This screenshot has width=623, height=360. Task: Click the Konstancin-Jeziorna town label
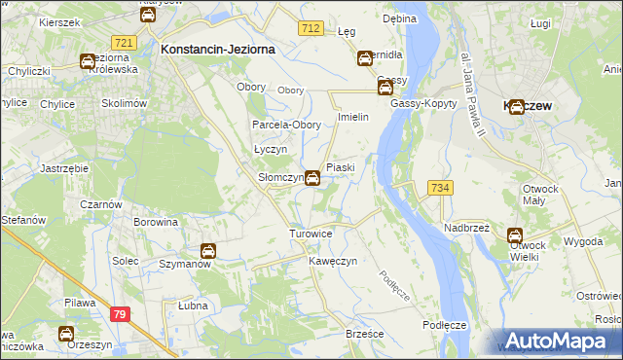point(218,48)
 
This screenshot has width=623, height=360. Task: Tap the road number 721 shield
point(124,43)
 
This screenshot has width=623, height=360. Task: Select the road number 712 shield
point(311,29)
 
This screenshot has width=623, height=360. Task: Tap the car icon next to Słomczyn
point(311,178)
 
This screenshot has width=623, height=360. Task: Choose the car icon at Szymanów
point(207,251)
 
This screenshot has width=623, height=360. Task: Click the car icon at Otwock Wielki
point(514,234)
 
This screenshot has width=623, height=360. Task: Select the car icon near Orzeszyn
point(66,334)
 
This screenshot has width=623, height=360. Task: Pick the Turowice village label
point(311,234)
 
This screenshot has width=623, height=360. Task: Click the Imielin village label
point(351,117)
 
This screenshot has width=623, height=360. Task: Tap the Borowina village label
point(157,222)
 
